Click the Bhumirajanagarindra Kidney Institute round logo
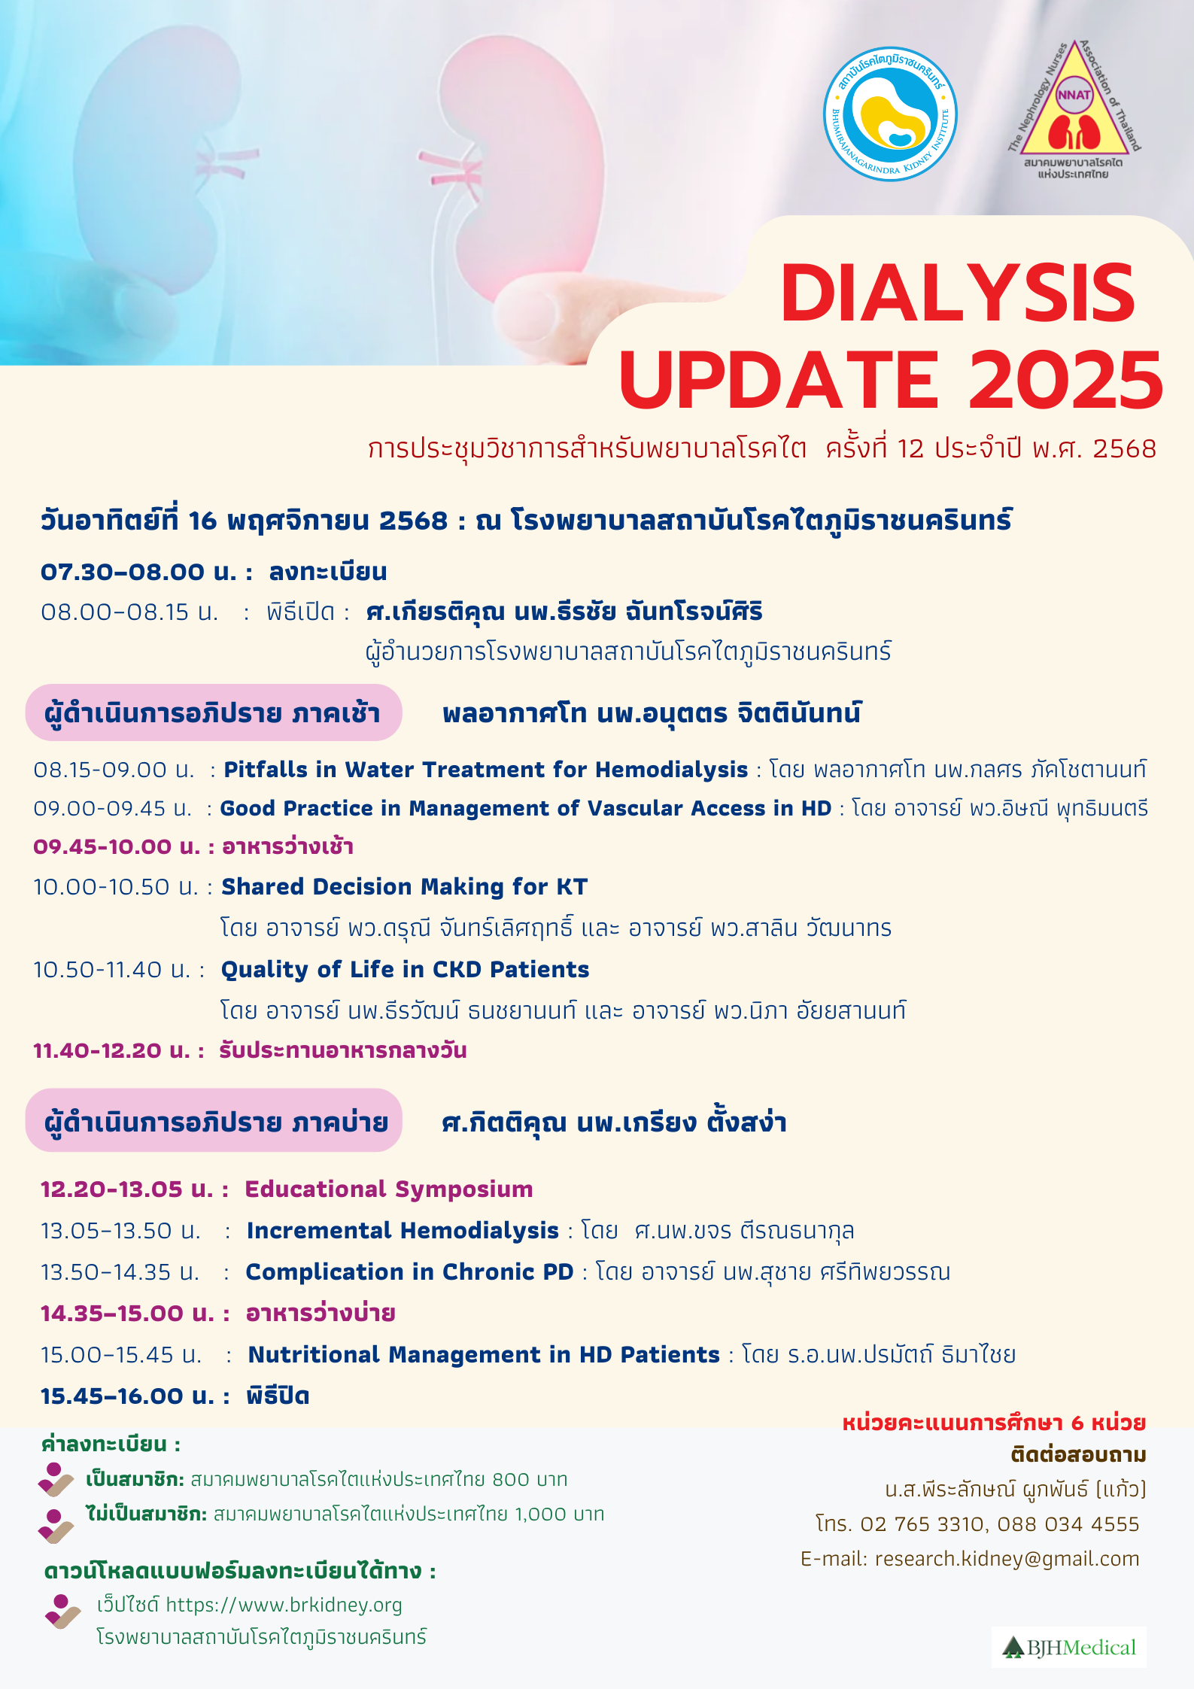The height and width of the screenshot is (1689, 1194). click(x=890, y=114)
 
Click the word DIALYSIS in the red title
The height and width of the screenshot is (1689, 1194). click(x=958, y=293)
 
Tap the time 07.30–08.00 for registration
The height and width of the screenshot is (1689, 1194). click(x=123, y=572)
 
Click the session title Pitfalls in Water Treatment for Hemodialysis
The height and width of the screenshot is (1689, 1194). click(x=486, y=770)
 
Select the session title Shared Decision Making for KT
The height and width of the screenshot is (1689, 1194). click(x=404, y=887)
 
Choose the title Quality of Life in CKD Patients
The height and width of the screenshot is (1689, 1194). click(x=405, y=970)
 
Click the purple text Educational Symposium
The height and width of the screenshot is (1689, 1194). click(x=389, y=1189)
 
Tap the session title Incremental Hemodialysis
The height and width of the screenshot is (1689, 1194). click(x=403, y=1230)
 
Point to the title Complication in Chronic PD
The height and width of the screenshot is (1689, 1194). click(x=409, y=1271)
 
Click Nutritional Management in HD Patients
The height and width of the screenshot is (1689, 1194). click(x=484, y=1354)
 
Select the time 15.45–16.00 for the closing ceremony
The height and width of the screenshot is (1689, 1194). click(x=112, y=1396)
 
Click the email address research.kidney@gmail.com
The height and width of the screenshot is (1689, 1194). click(x=1007, y=1558)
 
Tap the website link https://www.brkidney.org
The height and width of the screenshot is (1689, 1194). click(x=284, y=1605)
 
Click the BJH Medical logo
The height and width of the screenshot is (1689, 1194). click(x=1068, y=1648)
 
